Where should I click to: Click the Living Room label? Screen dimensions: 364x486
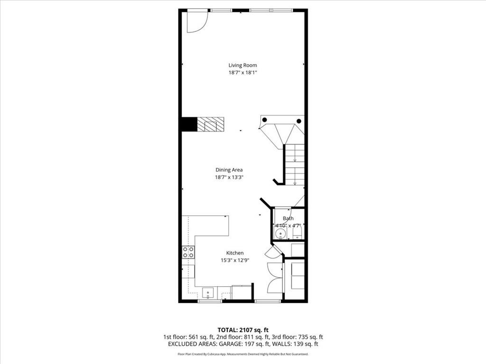pyautogui.click(x=243, y=65)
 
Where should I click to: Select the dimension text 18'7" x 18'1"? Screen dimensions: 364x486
pyautogui.click(x=243, y=73)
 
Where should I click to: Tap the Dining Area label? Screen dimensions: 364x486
pyautogui.click(x=229, y=170)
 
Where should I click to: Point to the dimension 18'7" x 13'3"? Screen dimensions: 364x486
pyautogui.click(x=229, y=177)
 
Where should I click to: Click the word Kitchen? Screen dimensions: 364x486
pyautogui.click(x=234, y=253)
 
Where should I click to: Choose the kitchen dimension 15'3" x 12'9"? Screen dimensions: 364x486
pyautogui.click(x=234, y=260)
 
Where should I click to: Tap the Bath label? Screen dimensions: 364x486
pyautogui.click(x=288, y=218)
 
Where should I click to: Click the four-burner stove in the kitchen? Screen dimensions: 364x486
pyautogui.click(x=188, y=252)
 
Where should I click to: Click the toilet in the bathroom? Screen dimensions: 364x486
pyautogui.click(x=298, y=233)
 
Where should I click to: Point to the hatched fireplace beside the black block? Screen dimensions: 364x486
pyautogui.click(x=210, y=125)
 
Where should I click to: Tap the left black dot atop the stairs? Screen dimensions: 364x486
pyautogui.click(x=265, y=120)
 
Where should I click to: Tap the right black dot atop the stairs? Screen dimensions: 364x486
pyautogui.click(x=299, y=121)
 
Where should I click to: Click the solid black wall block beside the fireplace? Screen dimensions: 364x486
pyautogui.click(x=189, y=125)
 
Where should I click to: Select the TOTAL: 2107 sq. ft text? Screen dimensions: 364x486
pyautogui.click(x=243, y=329)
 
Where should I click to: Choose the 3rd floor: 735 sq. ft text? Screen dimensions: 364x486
pyautogui.click(x=295, y=337)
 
